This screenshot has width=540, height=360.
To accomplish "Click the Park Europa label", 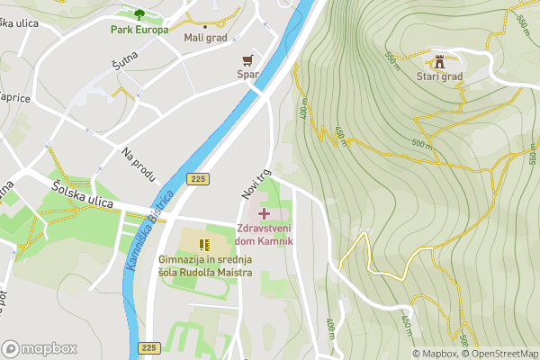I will (139, 30).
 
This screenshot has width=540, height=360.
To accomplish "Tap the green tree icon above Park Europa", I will (139, 13).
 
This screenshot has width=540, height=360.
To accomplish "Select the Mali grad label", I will (206, 37).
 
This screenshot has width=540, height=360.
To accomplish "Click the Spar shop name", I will (247, 76).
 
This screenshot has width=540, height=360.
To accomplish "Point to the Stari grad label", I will (439, 76).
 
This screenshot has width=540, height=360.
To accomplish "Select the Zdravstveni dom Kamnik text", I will (265, 235).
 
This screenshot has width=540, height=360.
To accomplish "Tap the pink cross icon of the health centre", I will (264, 213).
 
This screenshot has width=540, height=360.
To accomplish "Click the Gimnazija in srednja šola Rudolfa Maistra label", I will (205, 266).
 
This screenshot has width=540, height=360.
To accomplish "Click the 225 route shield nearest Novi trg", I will (199, 179).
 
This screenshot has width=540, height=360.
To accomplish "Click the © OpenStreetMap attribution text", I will (500, 354).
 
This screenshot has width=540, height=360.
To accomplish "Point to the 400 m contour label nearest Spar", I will (303, 111).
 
